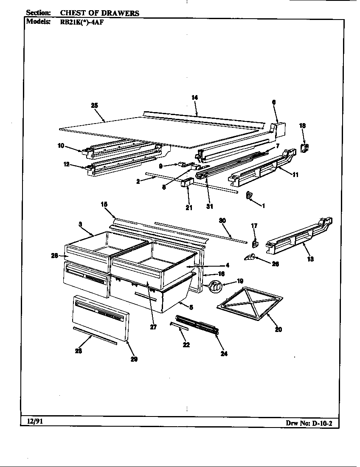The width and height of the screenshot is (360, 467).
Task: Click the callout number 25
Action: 95,105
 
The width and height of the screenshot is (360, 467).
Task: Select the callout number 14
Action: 194,98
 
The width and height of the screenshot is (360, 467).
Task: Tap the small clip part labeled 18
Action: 304,147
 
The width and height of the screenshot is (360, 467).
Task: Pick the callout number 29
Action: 134,359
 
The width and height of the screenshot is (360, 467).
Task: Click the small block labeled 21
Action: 187,184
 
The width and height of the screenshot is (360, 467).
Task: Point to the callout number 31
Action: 210,206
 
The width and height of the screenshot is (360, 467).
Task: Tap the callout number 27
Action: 154,327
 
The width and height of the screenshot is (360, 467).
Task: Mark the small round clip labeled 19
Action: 215,286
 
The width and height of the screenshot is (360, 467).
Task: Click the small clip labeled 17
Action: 255,243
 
